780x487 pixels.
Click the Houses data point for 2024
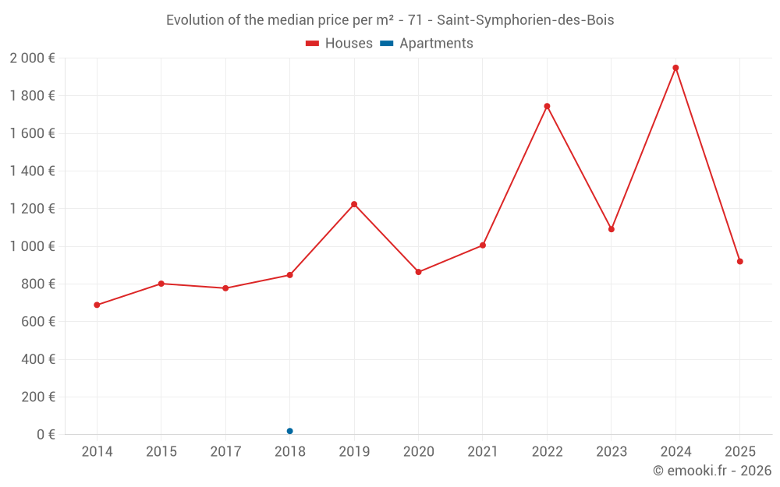675,68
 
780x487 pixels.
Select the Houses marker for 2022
547,106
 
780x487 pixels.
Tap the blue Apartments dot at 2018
289,431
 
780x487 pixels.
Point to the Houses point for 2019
354,204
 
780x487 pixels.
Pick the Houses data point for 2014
97,305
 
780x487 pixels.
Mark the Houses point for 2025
739,261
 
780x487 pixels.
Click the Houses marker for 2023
612,229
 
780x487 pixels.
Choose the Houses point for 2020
418,272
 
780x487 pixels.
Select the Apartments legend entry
435,44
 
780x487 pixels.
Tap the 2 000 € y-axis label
32,58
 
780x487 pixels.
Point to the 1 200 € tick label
32,209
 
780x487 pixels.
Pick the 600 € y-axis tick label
37,322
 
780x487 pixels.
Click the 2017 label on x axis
225,452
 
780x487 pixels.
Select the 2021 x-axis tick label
483,452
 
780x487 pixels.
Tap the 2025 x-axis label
739,452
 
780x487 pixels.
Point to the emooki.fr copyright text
711,471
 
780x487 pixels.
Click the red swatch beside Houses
312,44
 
